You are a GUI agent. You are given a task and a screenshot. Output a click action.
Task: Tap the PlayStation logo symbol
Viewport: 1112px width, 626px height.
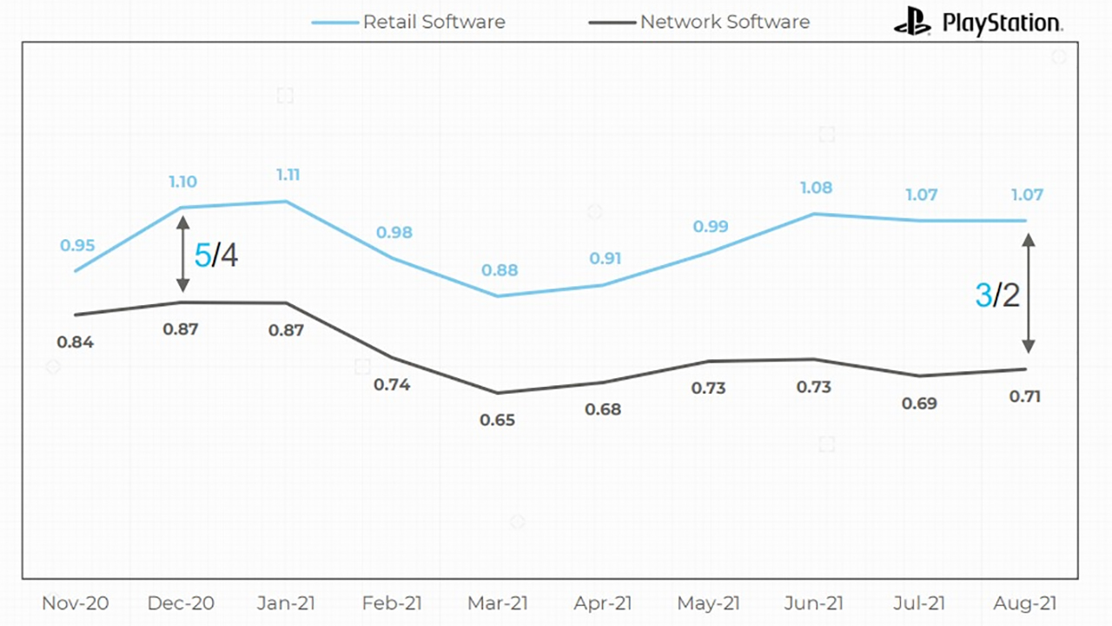(x=912, y=21)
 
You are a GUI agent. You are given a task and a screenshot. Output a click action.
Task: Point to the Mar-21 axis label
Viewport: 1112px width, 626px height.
(x=498, y=603)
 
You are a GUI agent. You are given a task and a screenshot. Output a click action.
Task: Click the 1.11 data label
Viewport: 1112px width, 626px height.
(x=288, y=175)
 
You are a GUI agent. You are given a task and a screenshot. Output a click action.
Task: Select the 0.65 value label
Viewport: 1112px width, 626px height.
(x=498, y=420)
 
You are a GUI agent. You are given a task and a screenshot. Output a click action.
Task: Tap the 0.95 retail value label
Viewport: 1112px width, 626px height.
(x=77, y=246)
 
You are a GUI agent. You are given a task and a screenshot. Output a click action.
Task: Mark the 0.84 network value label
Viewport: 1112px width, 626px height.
(x=76, y=342)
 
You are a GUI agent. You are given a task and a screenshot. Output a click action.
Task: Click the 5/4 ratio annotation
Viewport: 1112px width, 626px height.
(x=215, y=255)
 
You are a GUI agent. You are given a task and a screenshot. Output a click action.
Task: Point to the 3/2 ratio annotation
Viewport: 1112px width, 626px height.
(x=997, y=296)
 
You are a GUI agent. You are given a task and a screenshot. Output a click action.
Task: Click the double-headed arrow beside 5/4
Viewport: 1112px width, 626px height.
(x=182, y=254)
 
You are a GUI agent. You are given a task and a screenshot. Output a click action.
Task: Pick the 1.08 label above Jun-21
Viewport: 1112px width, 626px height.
(x=815, y=188)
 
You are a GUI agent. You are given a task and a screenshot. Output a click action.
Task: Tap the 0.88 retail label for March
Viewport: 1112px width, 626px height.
(x=500, y=270)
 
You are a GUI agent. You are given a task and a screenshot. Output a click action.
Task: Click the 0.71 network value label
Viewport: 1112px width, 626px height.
(x=1023, y=396)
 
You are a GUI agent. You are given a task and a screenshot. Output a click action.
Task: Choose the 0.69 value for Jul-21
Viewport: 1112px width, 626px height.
(x=920, y=403)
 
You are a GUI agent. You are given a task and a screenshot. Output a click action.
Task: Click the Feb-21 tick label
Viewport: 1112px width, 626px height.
(x=392, y=603)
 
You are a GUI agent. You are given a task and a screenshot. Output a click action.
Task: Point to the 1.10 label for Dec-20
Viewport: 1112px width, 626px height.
(x=182, y=182)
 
